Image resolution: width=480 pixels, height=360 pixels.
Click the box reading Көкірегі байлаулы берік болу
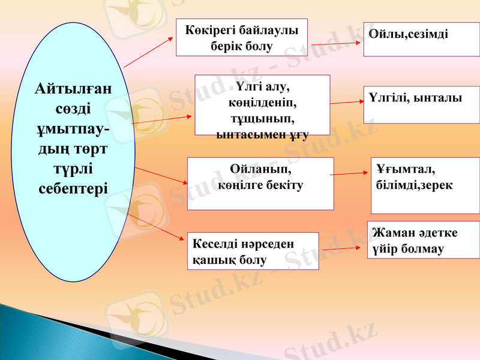[241, 37]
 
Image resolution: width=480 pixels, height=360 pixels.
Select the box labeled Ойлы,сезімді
[421, 40]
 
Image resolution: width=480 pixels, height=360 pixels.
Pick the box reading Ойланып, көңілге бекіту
[260, 184]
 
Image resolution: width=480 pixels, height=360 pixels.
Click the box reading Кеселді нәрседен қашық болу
[253, 251]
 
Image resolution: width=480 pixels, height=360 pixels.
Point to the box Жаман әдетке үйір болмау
[423, 240]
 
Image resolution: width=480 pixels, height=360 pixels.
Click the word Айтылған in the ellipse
[73, 90]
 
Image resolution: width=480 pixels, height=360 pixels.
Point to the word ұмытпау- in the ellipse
[73, 129]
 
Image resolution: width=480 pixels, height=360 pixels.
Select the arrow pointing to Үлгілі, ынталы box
[347, 103]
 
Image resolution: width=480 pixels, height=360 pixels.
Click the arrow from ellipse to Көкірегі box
[147, 51]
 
